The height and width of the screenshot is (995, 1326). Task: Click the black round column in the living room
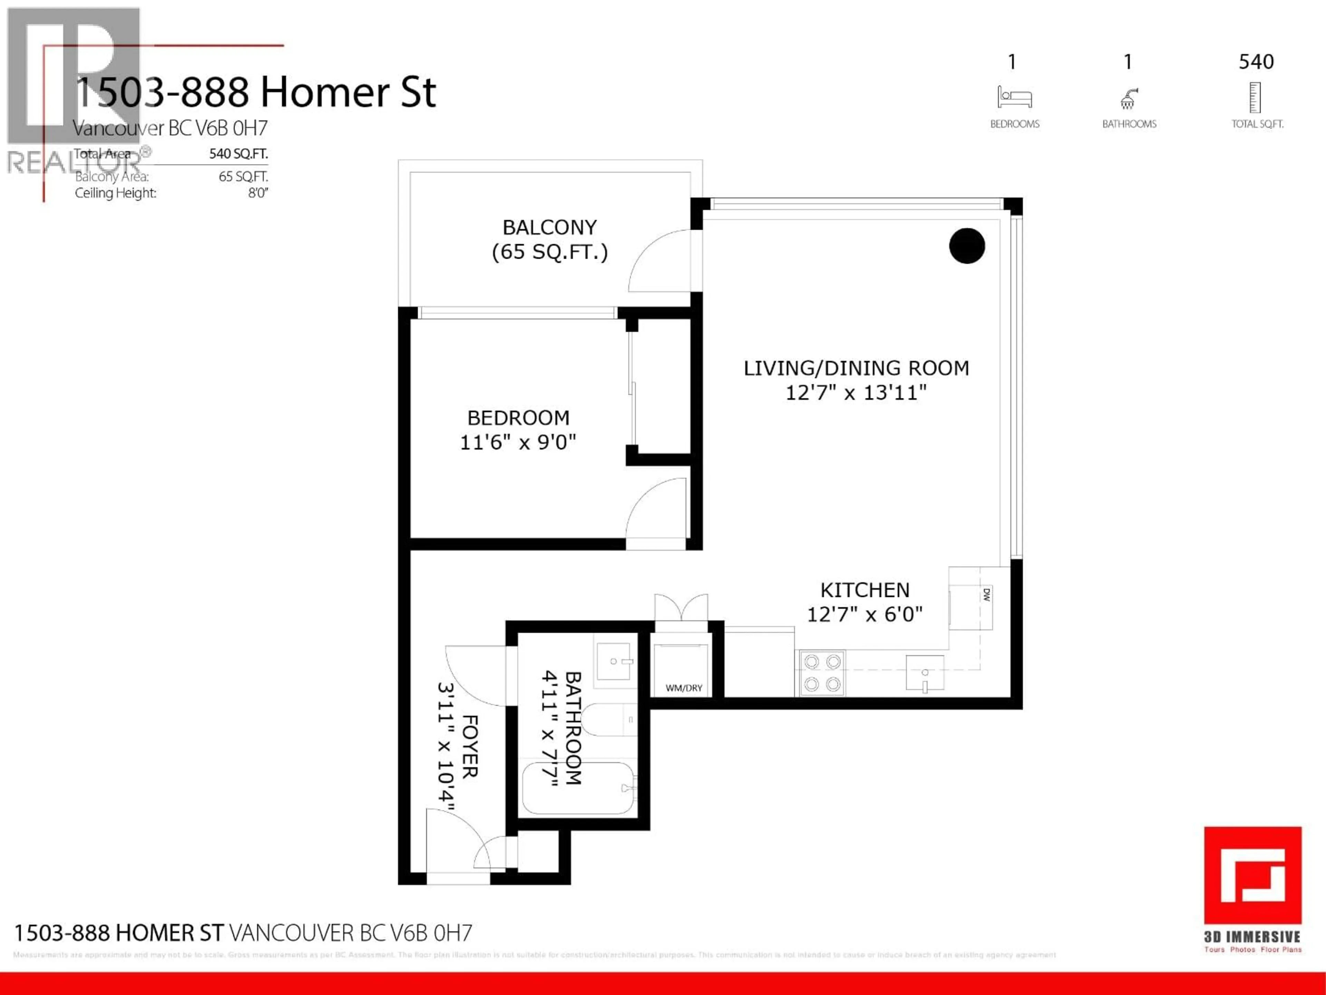point(967,246)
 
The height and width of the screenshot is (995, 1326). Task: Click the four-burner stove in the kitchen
point(822,672)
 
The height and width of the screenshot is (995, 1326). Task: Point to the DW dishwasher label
point(986,595)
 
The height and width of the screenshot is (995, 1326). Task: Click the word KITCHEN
point(864,590)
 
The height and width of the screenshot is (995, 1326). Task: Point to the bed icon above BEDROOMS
point(1014,97)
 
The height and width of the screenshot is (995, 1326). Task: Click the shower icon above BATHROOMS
point(1128,99)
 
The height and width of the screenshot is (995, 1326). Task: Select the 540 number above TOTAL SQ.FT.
point(1256,62)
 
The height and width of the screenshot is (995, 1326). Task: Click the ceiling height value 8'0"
point(258,193)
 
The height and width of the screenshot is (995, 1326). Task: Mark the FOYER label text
point(469,746)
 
